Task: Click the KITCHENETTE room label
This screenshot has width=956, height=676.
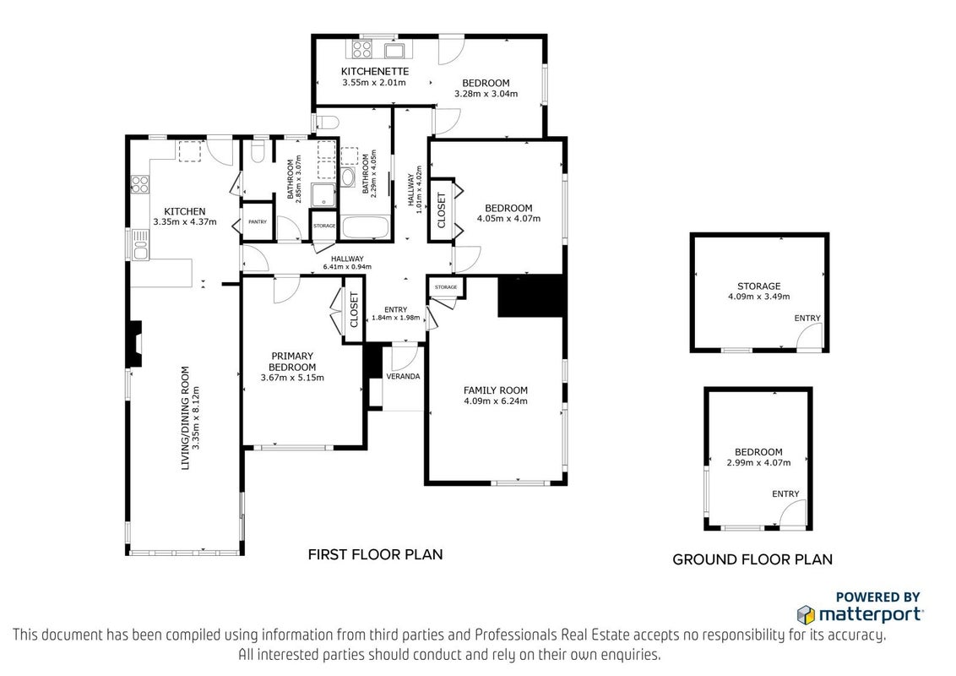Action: (x=374, y=71)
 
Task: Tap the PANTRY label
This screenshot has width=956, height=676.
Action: (x=258, y=222)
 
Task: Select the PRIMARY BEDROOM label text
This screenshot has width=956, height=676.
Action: (x=292, y=361)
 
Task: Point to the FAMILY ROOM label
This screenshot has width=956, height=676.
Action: (x=495, y=390)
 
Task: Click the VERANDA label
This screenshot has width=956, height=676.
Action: (x=403, y=376)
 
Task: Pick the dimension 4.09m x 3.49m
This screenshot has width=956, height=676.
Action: (x=758, y=297)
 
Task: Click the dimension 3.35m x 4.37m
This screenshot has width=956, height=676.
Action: (x=185, y=222)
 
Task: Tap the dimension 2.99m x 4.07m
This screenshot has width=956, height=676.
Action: (x=758, y=463)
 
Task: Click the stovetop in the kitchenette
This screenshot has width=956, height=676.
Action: (x=359, y=49)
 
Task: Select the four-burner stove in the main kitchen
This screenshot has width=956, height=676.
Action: (x=140, y=183)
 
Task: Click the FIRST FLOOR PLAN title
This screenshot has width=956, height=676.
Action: (x=375, y=554)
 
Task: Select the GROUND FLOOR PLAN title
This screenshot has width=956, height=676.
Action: (x=752, y=559)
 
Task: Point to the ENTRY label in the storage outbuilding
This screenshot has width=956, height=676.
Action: (x=807, y=318)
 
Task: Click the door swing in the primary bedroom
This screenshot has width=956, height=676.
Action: (x=285, y=289)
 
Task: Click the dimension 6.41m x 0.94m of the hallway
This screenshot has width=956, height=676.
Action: (x=347, y=267)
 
